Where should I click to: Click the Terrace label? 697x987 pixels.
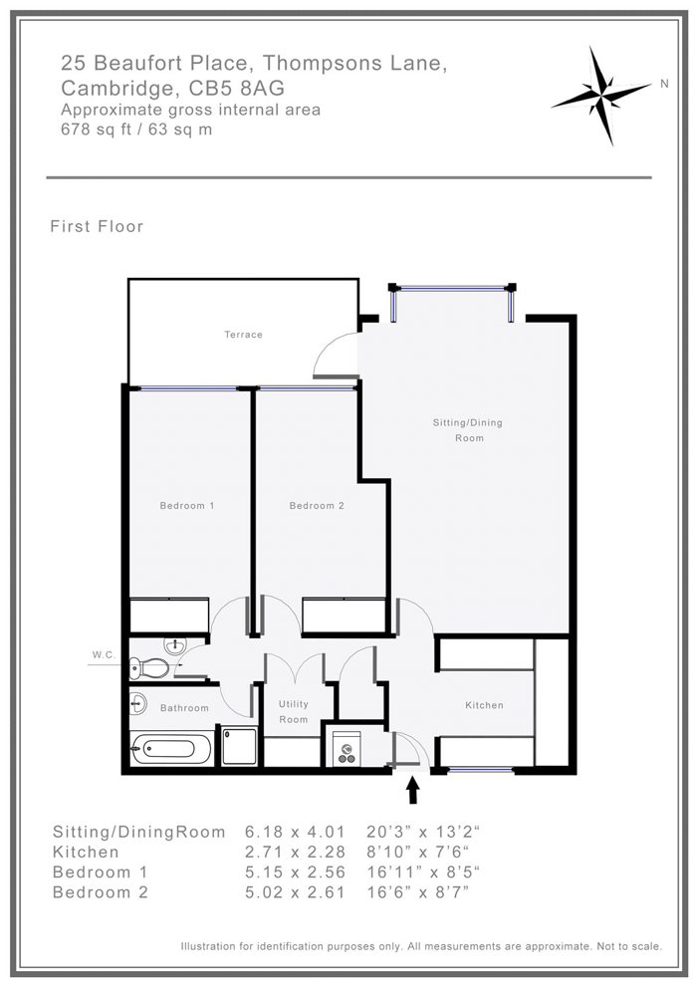click(243, 335)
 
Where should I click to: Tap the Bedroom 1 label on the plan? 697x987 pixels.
click(187, 506)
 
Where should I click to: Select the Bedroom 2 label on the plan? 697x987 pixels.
click(317, 506)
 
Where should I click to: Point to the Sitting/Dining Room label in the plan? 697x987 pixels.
click(467, 430)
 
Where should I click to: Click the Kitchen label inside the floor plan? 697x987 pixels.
click(484, 705)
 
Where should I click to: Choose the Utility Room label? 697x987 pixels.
click(293, 711)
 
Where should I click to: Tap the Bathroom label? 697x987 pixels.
click(184, 707)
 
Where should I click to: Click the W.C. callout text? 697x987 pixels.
click(104, 654)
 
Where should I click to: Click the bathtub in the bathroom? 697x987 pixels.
click(171, 748)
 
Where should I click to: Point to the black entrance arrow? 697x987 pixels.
click(413, 790)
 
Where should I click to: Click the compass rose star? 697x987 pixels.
click(600, 96)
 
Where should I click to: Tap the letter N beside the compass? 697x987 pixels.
click(664, 84)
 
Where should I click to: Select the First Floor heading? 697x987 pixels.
click(97, 227)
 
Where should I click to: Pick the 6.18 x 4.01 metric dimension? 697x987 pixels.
click(295, 832)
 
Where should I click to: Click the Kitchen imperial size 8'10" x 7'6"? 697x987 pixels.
click(418, 852)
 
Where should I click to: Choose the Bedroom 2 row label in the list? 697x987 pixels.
click(101, 892)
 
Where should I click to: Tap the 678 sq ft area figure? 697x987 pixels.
click(97, 129)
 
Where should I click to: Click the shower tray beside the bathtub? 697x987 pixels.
click(239, 746)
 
